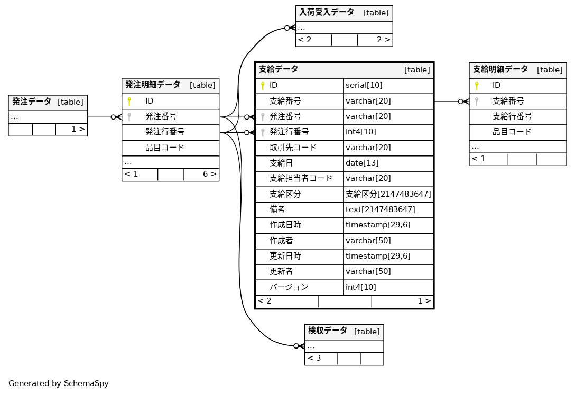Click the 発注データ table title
[32, 102]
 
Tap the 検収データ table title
[328, 331]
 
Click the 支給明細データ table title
[500, 69]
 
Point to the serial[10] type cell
[364, 85]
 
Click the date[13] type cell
[362, 163]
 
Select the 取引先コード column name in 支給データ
[293, 148]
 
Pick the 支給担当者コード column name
[301, 178]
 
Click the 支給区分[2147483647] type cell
[388, 194]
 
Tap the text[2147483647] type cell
[380, 209]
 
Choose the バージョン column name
[289, 287]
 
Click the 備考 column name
[277, 209]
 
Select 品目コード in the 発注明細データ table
[165, 148]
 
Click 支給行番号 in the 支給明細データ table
[512, 116]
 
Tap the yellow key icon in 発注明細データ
[129, 101]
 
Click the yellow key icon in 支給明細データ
[476, 85]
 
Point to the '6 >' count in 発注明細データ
[209, 174]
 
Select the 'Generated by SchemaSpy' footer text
[59, 383]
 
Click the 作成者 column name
[281, 241]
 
